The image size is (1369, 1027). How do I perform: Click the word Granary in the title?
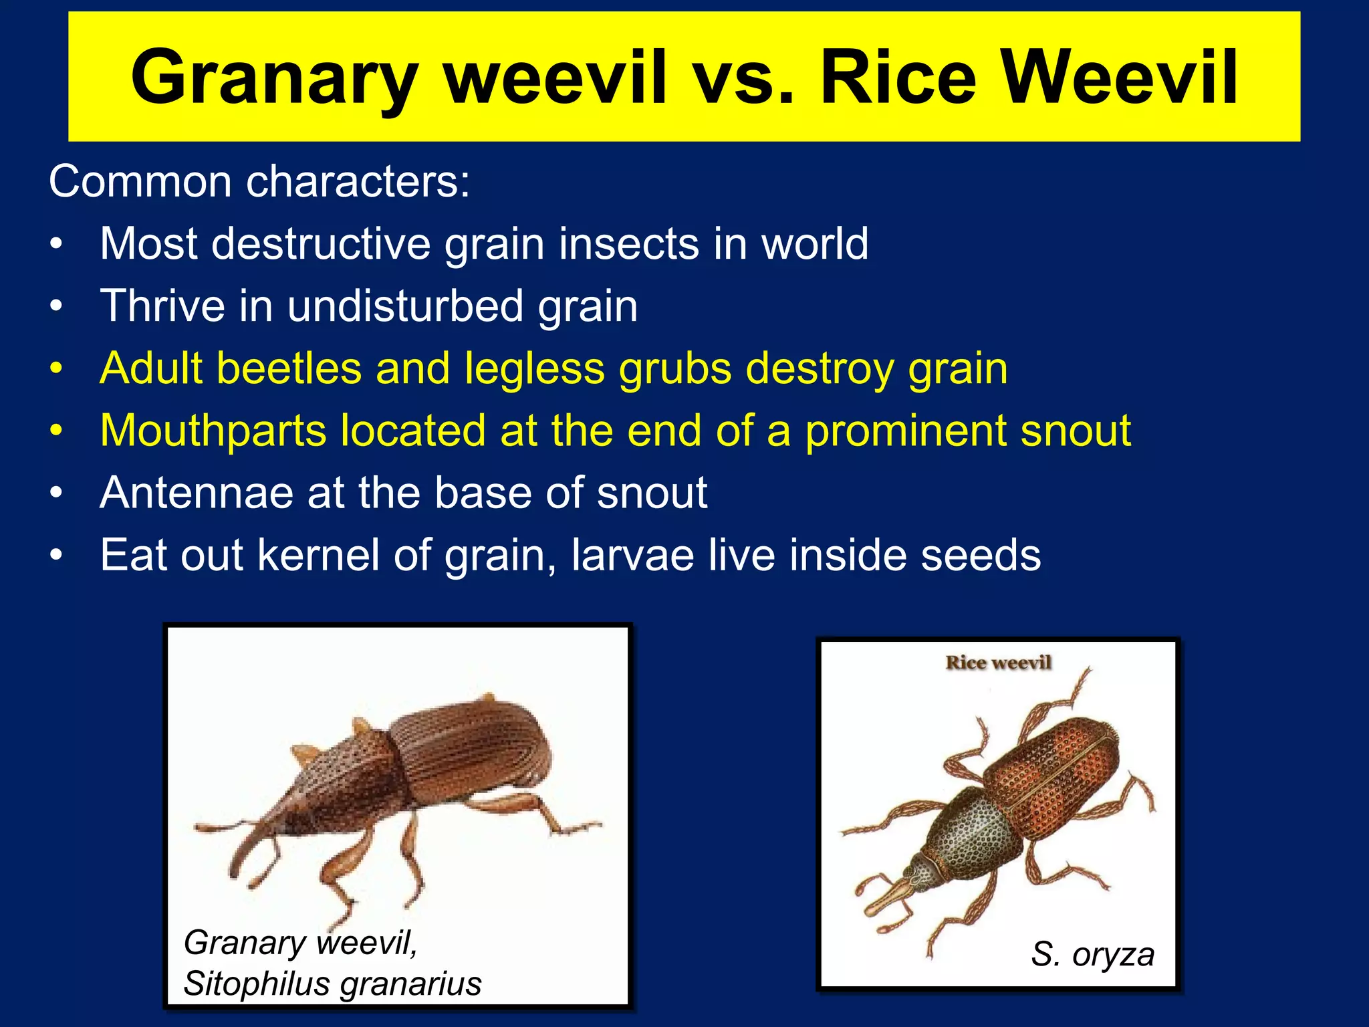point(275,79)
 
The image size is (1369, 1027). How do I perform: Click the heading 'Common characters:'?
point(259,181)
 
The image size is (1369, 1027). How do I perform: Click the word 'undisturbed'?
point(406,306)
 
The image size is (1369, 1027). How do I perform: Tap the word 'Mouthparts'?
point(213,431)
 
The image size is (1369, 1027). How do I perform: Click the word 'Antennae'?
point(197,493)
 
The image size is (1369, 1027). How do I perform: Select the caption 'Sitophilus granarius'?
point(332,984)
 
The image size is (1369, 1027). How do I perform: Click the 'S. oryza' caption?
point(1092,954)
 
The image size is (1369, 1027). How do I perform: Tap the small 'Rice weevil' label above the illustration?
point(998,663)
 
